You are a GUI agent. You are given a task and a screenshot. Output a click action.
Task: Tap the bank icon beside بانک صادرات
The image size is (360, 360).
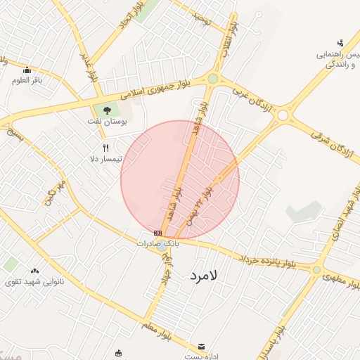point(157,233)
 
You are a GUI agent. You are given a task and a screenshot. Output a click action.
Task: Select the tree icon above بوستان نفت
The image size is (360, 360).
point(107,110)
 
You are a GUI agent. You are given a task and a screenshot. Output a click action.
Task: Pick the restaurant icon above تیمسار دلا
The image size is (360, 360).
point(106,148)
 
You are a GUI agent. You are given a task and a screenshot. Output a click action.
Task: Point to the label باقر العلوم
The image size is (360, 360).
point(27,80)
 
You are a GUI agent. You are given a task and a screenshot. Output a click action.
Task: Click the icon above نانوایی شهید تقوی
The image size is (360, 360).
point(34,271)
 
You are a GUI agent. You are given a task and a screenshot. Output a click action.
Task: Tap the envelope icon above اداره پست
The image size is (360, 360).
point(202,347)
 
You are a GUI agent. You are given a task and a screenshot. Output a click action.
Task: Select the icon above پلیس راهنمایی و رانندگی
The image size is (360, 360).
point(340,43)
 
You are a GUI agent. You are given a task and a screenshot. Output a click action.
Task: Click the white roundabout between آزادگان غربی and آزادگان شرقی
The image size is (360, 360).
point(283,115)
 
